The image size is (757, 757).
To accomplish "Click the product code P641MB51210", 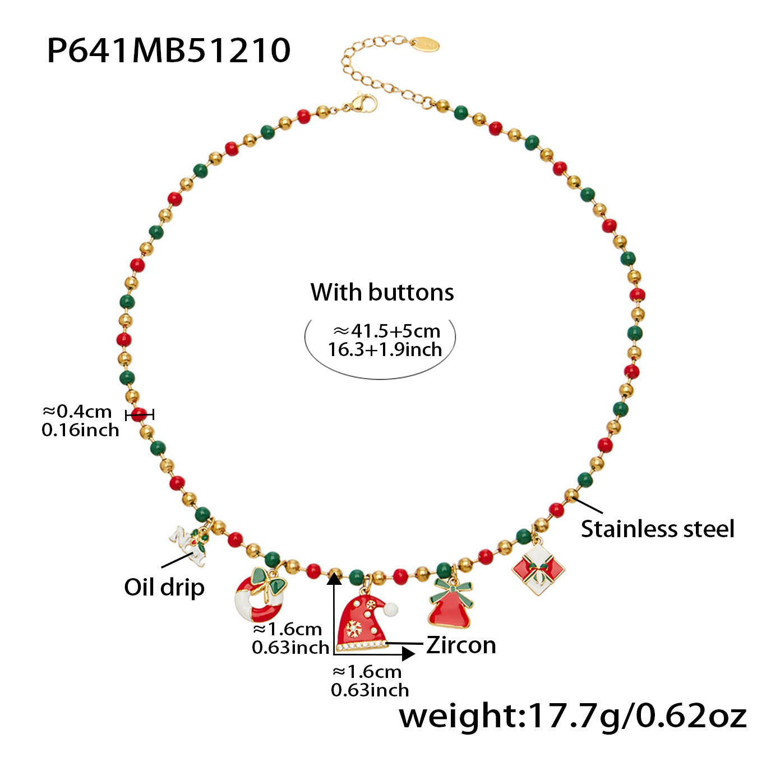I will (168, 50).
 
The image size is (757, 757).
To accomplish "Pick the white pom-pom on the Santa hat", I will (390, 609).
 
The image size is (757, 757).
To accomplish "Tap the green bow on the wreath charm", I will (268, 581).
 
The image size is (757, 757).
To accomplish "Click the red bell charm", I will (450, 608).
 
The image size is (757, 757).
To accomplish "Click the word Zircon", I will (461, 645).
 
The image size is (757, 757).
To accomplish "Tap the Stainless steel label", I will (657, 529).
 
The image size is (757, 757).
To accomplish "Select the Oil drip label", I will (164, 588).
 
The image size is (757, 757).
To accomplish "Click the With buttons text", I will (382, 292).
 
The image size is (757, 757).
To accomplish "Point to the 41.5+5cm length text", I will (386, 331).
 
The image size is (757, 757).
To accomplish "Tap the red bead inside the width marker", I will (139, 415).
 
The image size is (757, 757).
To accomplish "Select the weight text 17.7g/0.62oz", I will (572, 716).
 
